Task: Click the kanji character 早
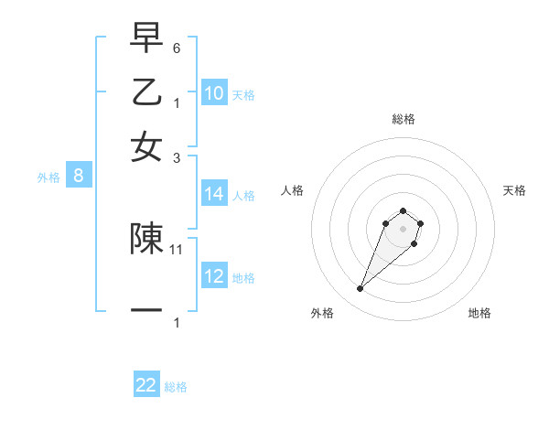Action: pyautogui.click(x=146, y=40)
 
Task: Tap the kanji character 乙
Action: pyautogui.click(x=146, y=91)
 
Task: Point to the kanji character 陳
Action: pyautogui.click(x=146, y=238)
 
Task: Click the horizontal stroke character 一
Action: pyautogui.click(x=146, y=310)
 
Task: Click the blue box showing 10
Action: pyautogui.click(x=214, y=93)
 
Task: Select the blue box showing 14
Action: pyautogui.click(x=214, y=194)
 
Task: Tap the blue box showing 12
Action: pyautogui.click(x=214, y=276)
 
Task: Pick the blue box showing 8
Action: pyautogui.click(x=79, y=177)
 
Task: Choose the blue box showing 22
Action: pyautogui.click(x=146, y=385)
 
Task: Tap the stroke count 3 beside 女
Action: pyautogui.click(x=178, y=157)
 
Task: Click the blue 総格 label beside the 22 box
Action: pyautogui.click(x=176, y=387)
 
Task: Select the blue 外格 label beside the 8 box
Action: pyautogui.click(x=48, y=177)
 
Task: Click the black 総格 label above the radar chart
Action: pyautogui.click(x=403, y=119)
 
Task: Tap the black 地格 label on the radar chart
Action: pyautogui.click(x=479, y=313)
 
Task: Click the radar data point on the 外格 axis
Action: pyautogui.click(x=361, y=289)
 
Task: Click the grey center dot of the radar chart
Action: pyautogui.click(x=403, y=228)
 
